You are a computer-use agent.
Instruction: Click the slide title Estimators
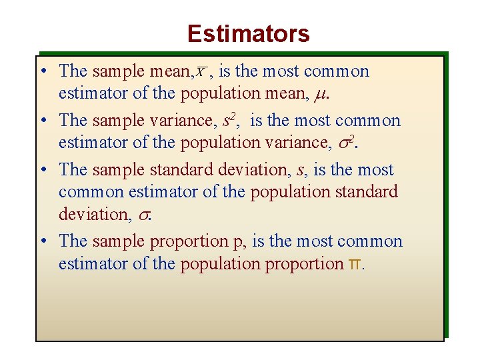248,33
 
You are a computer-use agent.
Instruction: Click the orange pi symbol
355,264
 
